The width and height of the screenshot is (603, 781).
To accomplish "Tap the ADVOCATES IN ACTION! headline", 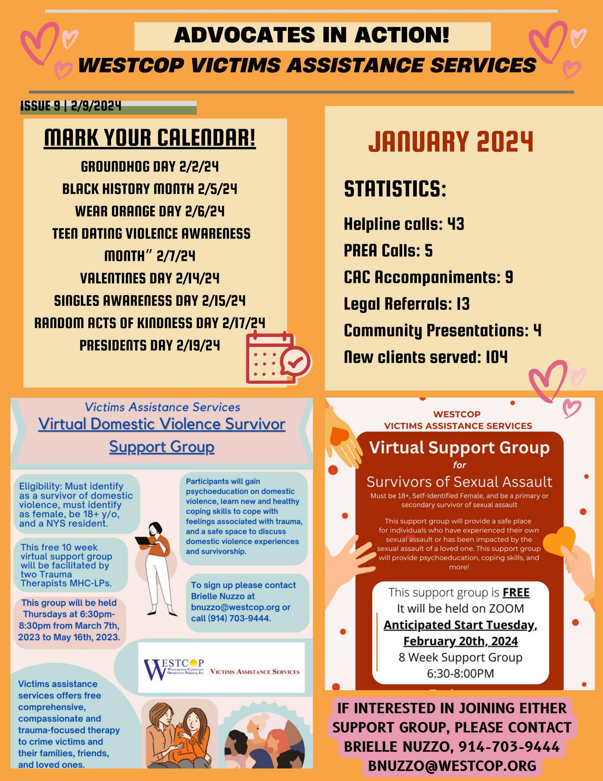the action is coord(312,36).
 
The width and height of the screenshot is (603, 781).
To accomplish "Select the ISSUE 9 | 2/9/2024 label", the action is coord(71,106).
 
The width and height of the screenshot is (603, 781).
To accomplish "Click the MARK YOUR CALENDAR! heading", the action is coord(150,138).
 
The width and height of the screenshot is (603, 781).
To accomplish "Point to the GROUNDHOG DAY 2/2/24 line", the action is coord(150,167).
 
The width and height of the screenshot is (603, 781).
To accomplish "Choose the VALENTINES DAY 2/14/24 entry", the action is coord(150,278).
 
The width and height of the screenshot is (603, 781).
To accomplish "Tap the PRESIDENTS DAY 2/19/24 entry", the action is coord(150,346).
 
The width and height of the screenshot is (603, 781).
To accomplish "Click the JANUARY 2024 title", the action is coord(451,142).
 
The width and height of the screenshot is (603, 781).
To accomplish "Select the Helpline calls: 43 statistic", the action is coord(404,224).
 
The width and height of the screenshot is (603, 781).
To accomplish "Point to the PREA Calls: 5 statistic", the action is coord(388,251).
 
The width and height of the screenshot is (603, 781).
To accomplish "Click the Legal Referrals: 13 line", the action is coord(406,304).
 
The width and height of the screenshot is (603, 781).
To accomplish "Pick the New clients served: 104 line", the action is coord(425,357).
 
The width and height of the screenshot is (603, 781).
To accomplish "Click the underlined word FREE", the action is coord(516,593).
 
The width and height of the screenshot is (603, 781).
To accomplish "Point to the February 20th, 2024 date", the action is coord(460,641).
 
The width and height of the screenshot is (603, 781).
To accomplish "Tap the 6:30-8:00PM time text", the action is coord(460,673).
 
